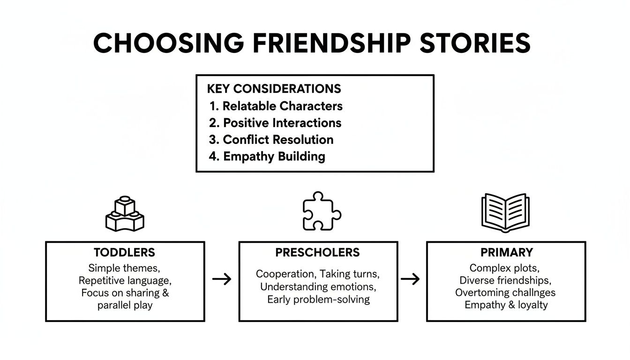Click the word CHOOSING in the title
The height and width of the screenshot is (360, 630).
pyautogui.click(x=168, y=43)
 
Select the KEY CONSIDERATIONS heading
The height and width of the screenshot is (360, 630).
pyautogui.click(x=274, y=89)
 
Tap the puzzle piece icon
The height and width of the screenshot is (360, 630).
pyautogui.click(x=322, y=211)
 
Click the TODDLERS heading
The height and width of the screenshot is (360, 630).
pyautogui.click(x=124, y=253)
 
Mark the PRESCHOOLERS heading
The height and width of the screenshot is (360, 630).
pyautogui.click(x=317, y=253)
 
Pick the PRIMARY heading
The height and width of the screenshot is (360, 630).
pyautogui.click(x=506, y=253)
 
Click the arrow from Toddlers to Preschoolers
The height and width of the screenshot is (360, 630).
pyautogui.click(x=222, y=279)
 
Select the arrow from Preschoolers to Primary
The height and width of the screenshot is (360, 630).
pyautogui.click(x=410, y=279)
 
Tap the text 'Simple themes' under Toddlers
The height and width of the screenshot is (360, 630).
pyautogui.click(x=123, y=269)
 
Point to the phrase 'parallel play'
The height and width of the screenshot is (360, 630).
pyautogui.click(x=125, y=305)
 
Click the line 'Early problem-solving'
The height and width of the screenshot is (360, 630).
pyautogui.click(x=318, y=299)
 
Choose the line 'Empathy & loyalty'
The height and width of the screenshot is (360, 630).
pyautogui.click(x=506, y=305)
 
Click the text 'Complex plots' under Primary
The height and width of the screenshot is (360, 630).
pyautogui.click(x=504, y=268)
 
